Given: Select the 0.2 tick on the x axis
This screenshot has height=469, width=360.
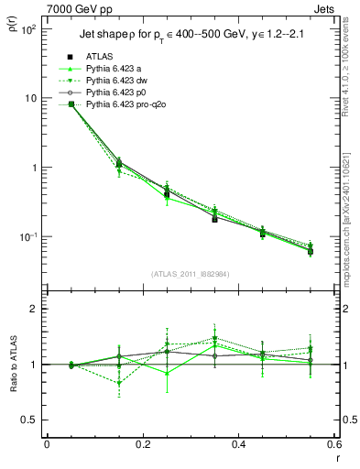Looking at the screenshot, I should click(142, 444).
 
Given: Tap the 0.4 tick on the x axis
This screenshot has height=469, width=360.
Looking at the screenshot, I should click(238, 444).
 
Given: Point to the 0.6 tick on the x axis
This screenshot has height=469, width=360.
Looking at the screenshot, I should click(333, 444).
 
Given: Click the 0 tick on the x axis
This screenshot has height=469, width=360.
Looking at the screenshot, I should click(47, 444).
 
